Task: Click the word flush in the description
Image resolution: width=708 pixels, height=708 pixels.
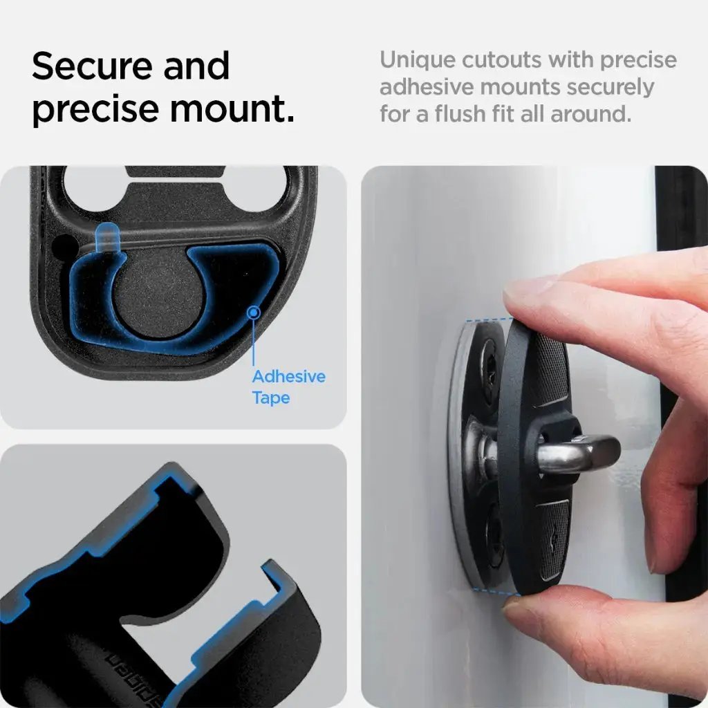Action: (x=469, y=113)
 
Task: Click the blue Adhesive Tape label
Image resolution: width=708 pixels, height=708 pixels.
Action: (x=288, y=387)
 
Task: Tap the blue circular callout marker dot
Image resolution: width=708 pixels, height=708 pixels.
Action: (x=254, y=313)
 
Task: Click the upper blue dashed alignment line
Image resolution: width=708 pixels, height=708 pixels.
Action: (x=487, y=319)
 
